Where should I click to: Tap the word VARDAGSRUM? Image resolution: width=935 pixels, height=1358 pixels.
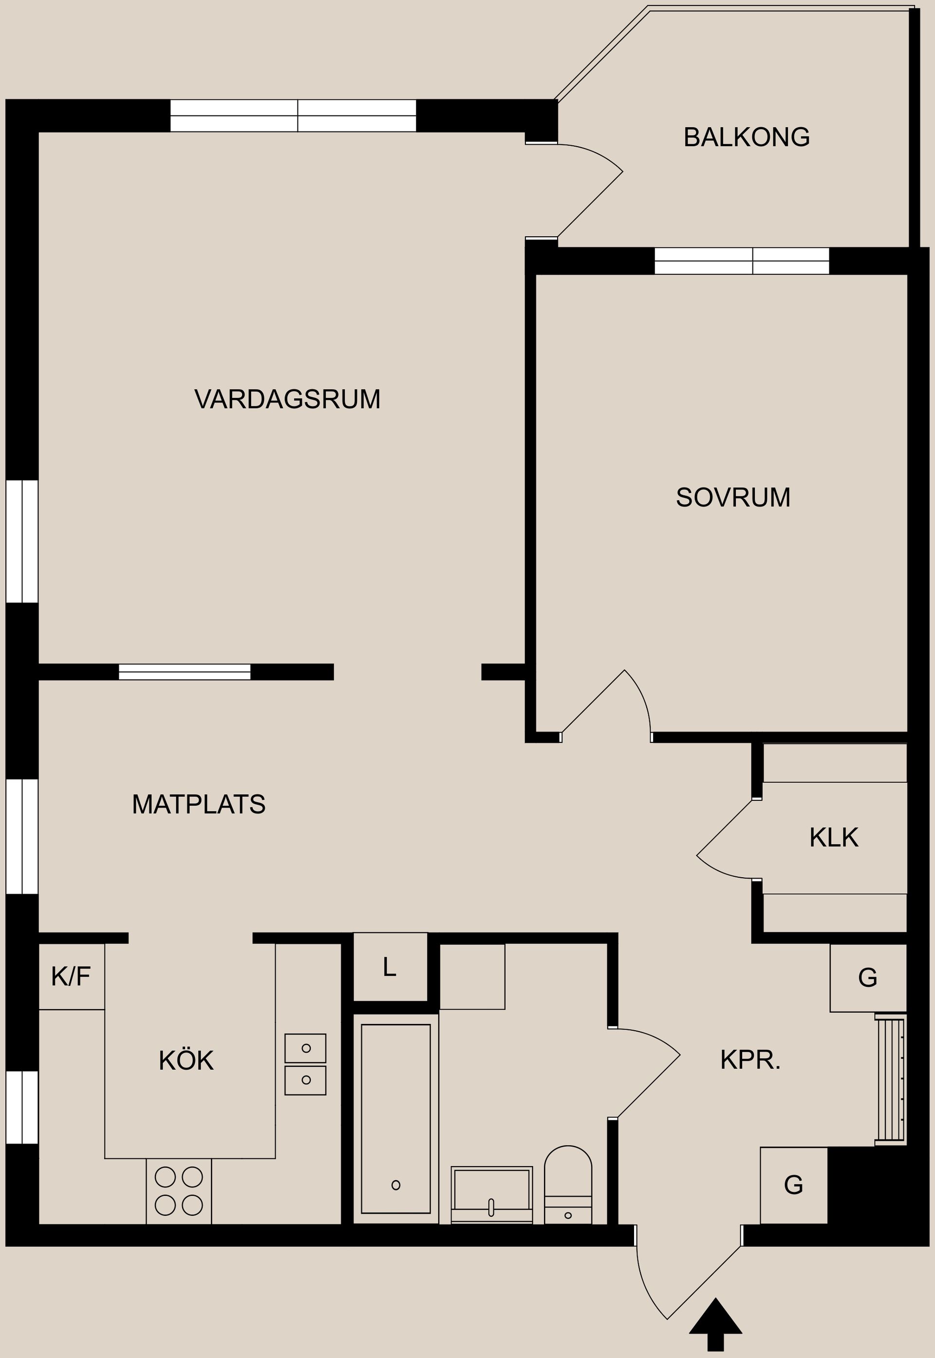(x=287, y=399)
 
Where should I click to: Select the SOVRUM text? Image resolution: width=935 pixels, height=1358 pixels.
(x=733, y=497)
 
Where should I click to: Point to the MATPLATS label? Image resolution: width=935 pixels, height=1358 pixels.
(x=199, y=804)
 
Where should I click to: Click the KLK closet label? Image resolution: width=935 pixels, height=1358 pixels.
(x=833, y=838)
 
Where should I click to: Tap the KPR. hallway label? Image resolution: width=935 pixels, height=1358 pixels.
(x=750, y=1060)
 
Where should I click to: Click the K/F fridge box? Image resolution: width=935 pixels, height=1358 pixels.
(x=72, y=977)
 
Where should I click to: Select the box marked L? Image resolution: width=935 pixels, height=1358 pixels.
(x=390, y=967)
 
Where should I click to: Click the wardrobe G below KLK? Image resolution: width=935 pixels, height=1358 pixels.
(x=868, y=977)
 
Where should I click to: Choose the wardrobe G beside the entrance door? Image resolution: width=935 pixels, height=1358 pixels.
(x=793, y=1185)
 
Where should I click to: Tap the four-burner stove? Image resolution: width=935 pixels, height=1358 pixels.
(x=179, y=1191)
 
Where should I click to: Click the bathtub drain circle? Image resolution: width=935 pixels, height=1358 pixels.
(x=395, y=1185)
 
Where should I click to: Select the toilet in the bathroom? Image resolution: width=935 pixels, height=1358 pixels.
(x=568, y=1185)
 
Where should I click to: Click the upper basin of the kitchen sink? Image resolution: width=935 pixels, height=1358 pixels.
(x=305, y=1049)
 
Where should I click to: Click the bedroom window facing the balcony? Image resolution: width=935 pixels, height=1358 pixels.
(x=741, y=261)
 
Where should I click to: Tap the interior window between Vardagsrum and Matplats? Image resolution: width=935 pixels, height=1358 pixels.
(x=185, y=672)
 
